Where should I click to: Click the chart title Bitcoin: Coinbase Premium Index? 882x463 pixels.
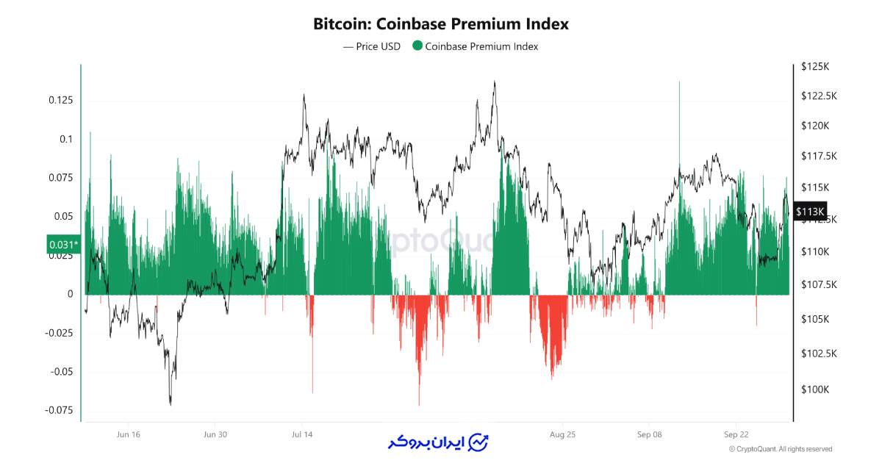click(441, 24)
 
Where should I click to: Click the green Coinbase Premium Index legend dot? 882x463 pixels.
click(417, 46)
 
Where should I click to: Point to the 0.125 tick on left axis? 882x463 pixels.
click(60, 100)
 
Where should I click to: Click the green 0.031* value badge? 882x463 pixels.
click(62, 245)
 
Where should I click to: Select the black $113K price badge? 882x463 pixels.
click(810, 212)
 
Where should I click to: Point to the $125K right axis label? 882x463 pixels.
click(814, 67)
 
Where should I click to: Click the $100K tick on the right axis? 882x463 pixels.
click(814, 390)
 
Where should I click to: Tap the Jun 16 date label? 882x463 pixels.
click(128, 434)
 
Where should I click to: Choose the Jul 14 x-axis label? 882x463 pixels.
click(302, 434)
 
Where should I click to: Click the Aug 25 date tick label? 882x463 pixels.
click(562, 434)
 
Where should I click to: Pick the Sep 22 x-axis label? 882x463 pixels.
click(736, 434)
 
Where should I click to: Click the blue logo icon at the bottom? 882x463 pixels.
click(479, 442)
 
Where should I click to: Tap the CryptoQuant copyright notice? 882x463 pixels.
click(780, 449)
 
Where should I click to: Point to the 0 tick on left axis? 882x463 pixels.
click(71, 294)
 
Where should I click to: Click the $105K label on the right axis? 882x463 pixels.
click(814, 320)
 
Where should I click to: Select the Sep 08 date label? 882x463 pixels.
click(650, 434)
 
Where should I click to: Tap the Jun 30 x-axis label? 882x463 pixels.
click(215, 434)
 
